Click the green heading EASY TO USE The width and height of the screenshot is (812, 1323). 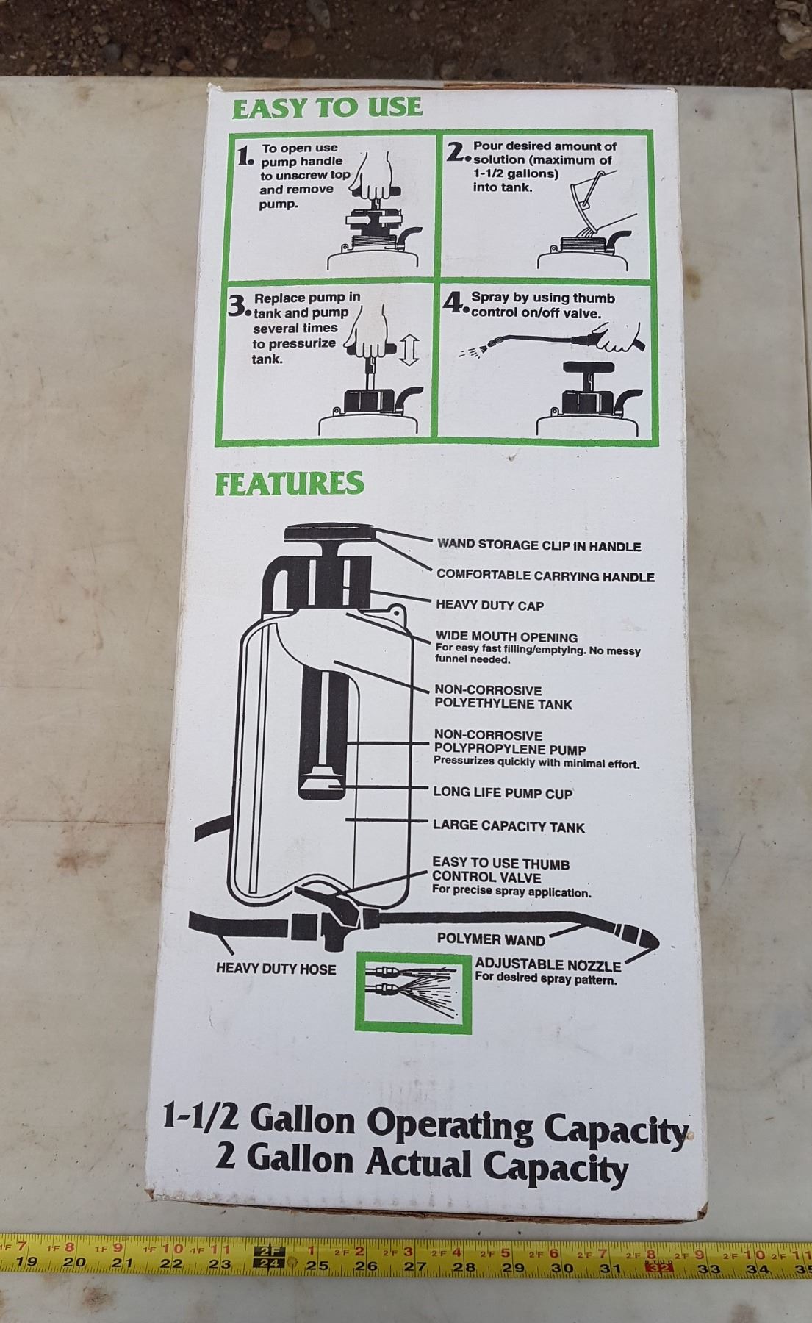(x=327, y=107)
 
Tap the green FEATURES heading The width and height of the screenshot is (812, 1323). (x=289, y=484)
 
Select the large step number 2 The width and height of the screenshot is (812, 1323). (x=457, y=151)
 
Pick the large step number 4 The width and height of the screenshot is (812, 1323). (x=456, y=304)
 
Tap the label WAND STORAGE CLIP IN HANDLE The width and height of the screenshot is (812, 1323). (x=539, y=546)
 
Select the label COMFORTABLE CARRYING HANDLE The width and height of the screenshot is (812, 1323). (x=545, y=576)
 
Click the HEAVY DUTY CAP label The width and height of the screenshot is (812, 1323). (x=489, y=606)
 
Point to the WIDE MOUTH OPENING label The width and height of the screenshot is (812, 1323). (x=506, y=637)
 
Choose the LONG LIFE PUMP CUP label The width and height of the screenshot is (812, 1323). (x=503, y=793)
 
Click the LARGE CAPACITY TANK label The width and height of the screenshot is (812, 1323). (x=509, y=827)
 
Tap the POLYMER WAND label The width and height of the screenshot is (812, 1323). (x=491, y=939)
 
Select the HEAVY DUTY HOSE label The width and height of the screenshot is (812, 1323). (x=276, y=969)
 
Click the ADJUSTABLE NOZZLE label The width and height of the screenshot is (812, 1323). (x=548, y=964)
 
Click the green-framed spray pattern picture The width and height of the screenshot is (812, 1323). (x=413, y=992)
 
